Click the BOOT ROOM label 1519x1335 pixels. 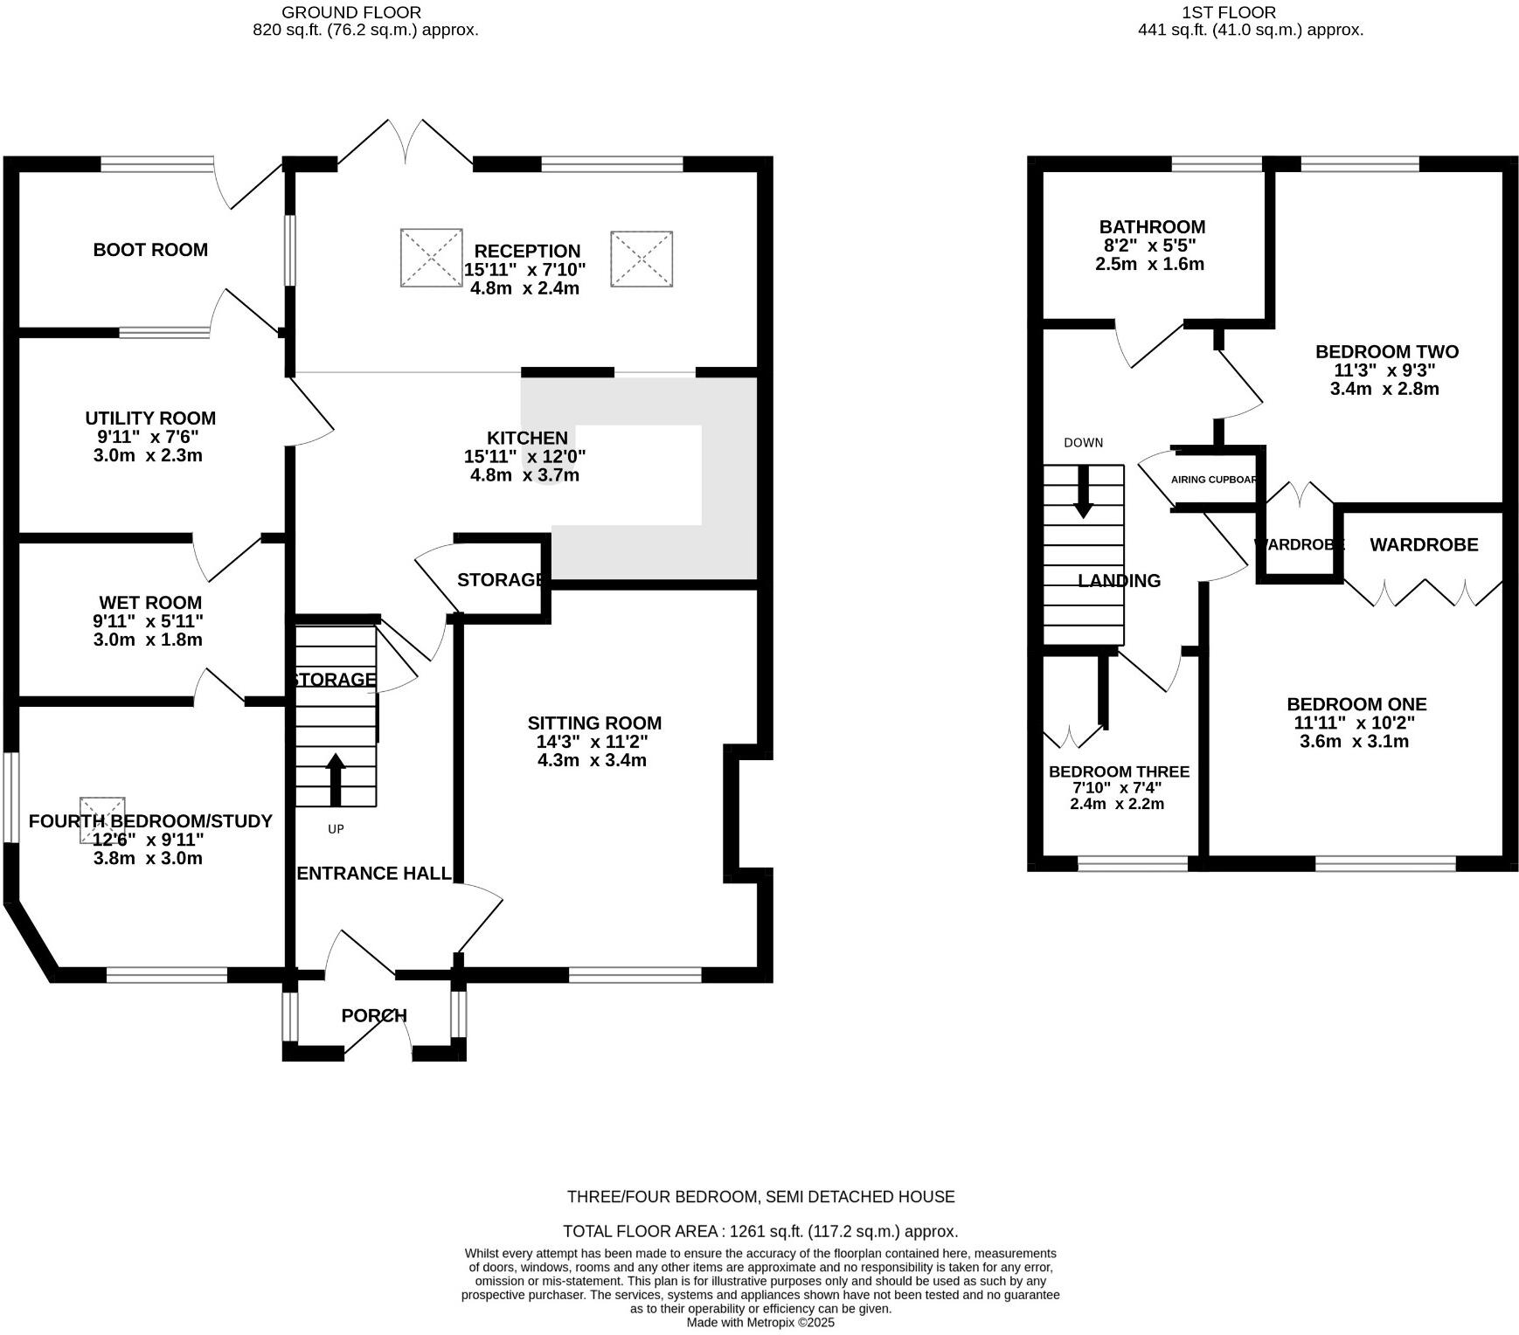[150, 250]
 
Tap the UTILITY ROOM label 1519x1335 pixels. [150, 418]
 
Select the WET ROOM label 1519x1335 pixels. [150, 603]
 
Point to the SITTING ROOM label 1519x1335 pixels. [594, 723]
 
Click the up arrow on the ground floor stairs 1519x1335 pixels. [336, 779]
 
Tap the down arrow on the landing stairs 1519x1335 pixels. [1083, 492]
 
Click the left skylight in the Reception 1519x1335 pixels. [432, 258]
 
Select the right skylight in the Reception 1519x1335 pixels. [642, 259]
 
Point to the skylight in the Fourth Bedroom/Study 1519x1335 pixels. [102, 820]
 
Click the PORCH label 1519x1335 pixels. [374, 1015]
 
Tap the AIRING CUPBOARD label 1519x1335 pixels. [1214, 480]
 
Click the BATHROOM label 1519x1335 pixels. [1152, 227]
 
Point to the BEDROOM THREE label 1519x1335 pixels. [1119, 772]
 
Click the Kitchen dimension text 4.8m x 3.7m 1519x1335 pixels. [524, 475]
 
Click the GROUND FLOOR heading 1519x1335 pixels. [351, 12]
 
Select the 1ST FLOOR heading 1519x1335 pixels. [1228, 12]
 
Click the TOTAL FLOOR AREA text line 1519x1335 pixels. [760, 1231]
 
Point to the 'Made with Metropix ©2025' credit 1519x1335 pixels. [760, 1323]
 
